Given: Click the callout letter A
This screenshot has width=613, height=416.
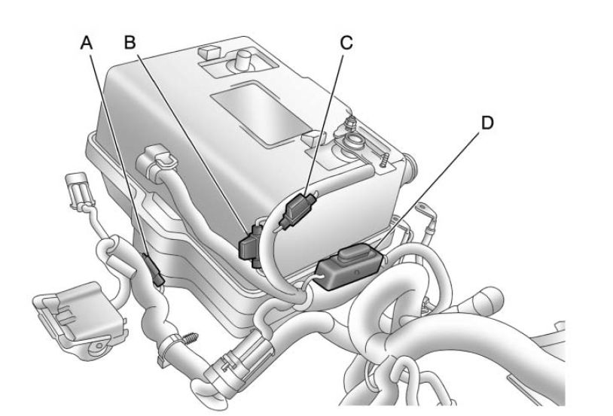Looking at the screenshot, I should pyautogui.click(x=88, y=44).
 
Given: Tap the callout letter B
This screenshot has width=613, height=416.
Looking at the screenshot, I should pyautogui.click(x=131, y=44).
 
